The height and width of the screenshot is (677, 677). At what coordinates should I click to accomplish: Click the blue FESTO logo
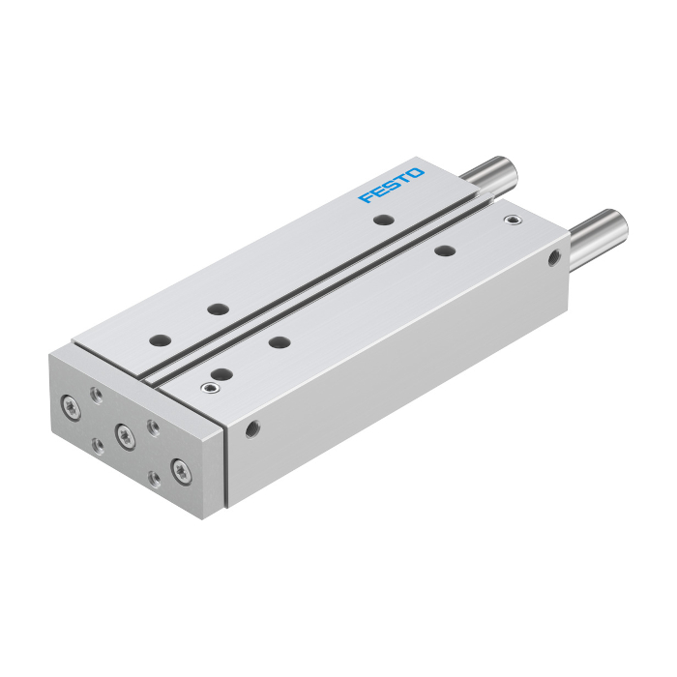[x=391, y=186]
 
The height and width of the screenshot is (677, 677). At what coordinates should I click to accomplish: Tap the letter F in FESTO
[x=367, y=197]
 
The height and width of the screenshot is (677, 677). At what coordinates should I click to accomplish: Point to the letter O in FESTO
[x=415, y=173]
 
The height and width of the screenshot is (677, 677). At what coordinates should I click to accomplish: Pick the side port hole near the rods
[x=554, y=258]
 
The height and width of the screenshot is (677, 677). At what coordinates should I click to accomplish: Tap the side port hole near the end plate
[x=252, y=429]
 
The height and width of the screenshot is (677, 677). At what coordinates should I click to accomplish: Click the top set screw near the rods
[x=513, y=221]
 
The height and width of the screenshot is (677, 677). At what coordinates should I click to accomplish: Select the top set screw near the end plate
[x=210, y=387]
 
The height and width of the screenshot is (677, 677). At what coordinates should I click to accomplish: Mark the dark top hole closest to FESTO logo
[x=384, y=220]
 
